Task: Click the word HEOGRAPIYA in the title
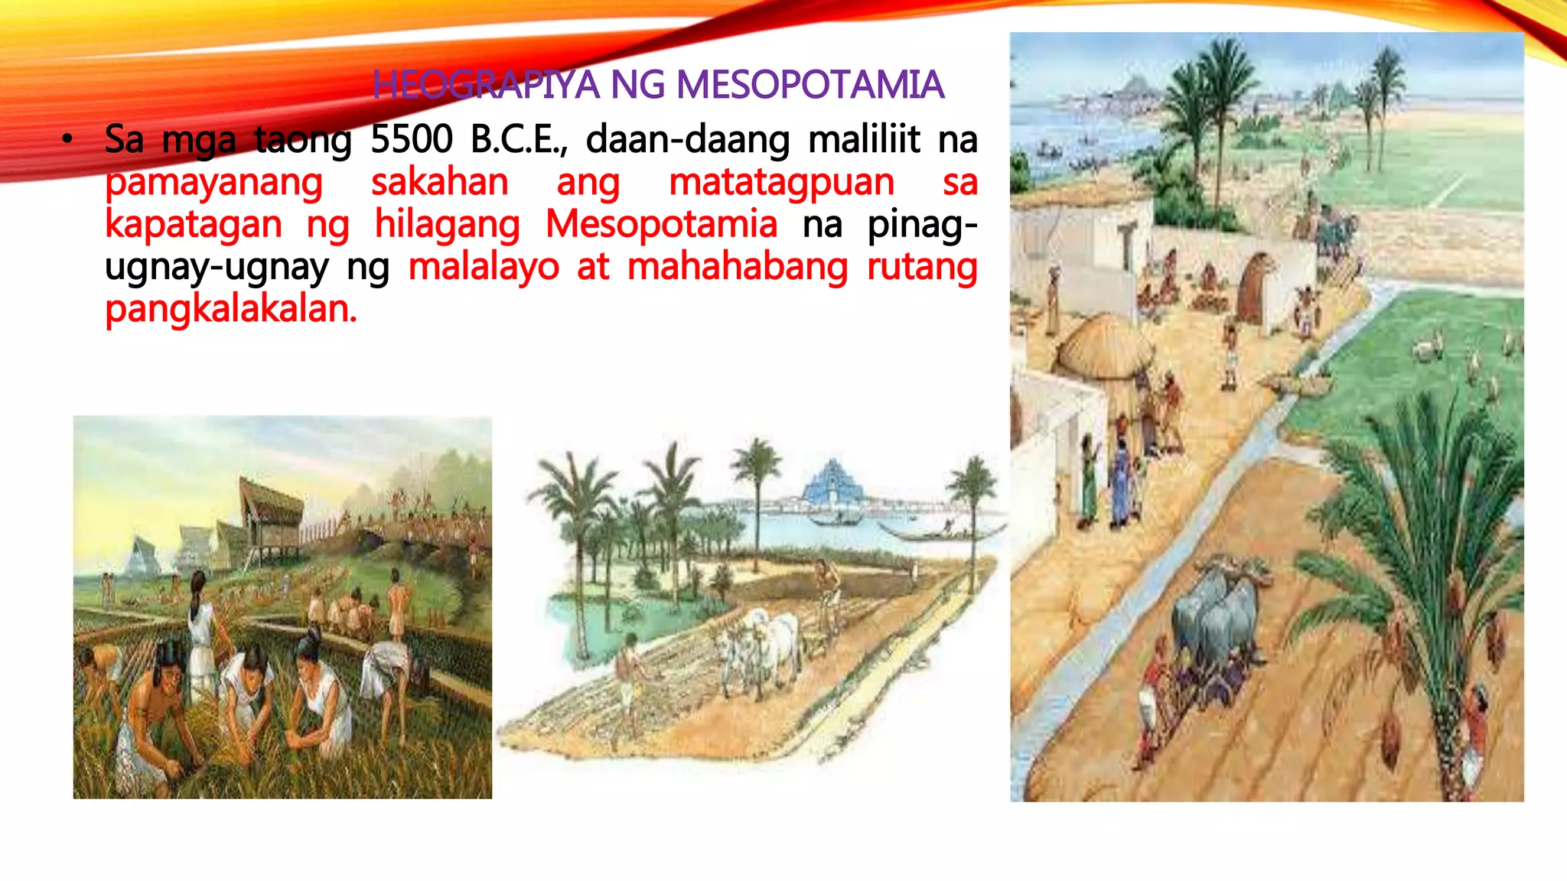486,85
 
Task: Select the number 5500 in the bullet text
411,140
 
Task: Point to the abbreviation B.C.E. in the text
518,140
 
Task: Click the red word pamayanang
214,184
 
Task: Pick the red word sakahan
440,184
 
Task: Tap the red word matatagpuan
781,184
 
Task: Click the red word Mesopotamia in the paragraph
661,225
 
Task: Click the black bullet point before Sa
68,140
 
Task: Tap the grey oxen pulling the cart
1217,612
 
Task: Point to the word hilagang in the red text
447,225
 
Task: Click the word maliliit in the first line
864,140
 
